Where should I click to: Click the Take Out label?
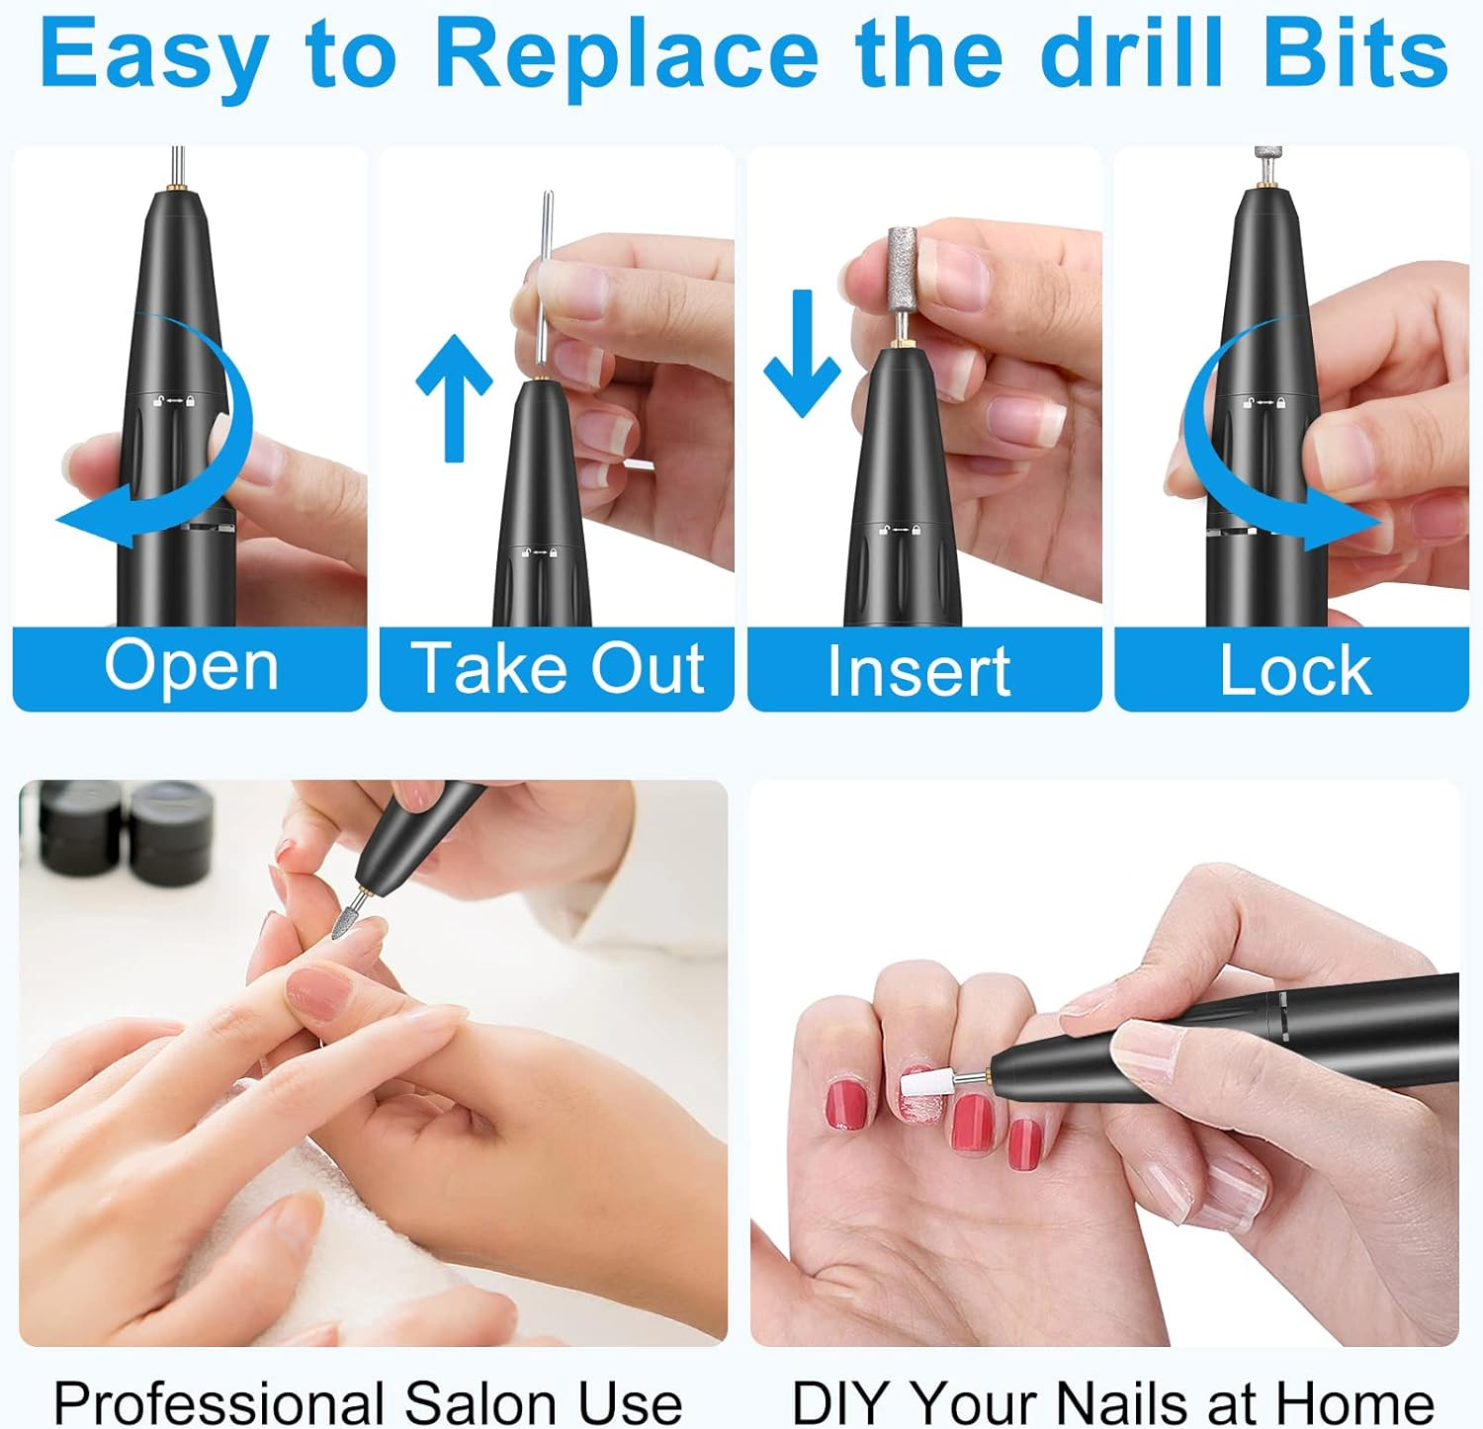click(x=558, y=669)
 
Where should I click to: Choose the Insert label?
click(x=918, y=671)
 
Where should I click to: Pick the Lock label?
click(x=1294, y=671)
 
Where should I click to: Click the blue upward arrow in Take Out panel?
click(x=454, y=395)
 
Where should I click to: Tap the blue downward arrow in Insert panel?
click(x=802, y=352)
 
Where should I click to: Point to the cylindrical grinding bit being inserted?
click(x=902, y=267)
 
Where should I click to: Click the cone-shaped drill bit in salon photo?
click(x=349, y=919)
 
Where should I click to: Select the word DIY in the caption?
click(x=843, y=1402)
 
